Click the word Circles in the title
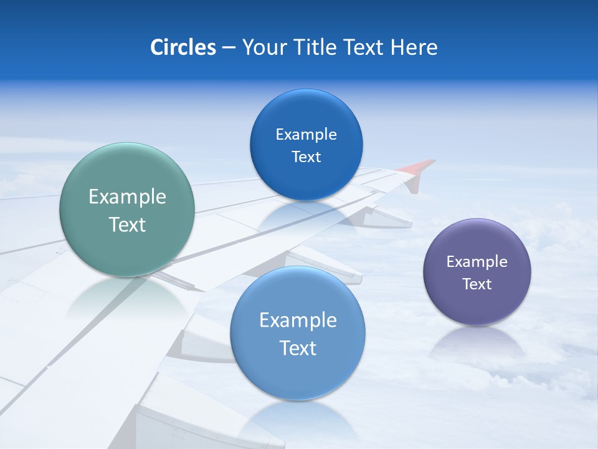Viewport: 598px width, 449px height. (183, 47)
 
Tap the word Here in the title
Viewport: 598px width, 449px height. (414, 47)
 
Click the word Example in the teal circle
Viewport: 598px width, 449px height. (127, 197)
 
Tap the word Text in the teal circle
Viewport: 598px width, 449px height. (127, 224)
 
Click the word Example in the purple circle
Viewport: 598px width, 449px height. (477, 262)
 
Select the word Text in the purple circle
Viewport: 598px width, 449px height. (477, 284)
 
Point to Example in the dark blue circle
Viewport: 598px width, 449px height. (306, 135)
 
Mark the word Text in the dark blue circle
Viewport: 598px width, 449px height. (306, 157)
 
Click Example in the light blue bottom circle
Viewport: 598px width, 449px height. (298, 321)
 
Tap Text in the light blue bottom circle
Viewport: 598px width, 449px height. (298, 348)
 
